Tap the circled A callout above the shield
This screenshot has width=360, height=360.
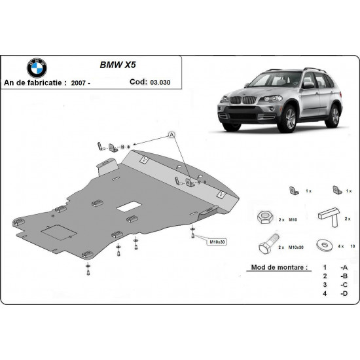(x=172, y=135)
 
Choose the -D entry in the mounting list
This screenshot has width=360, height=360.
(x=344, y=296)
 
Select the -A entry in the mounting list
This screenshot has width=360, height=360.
(x=344, y=268)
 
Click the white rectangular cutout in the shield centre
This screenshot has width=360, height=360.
(x=124, y=209)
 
